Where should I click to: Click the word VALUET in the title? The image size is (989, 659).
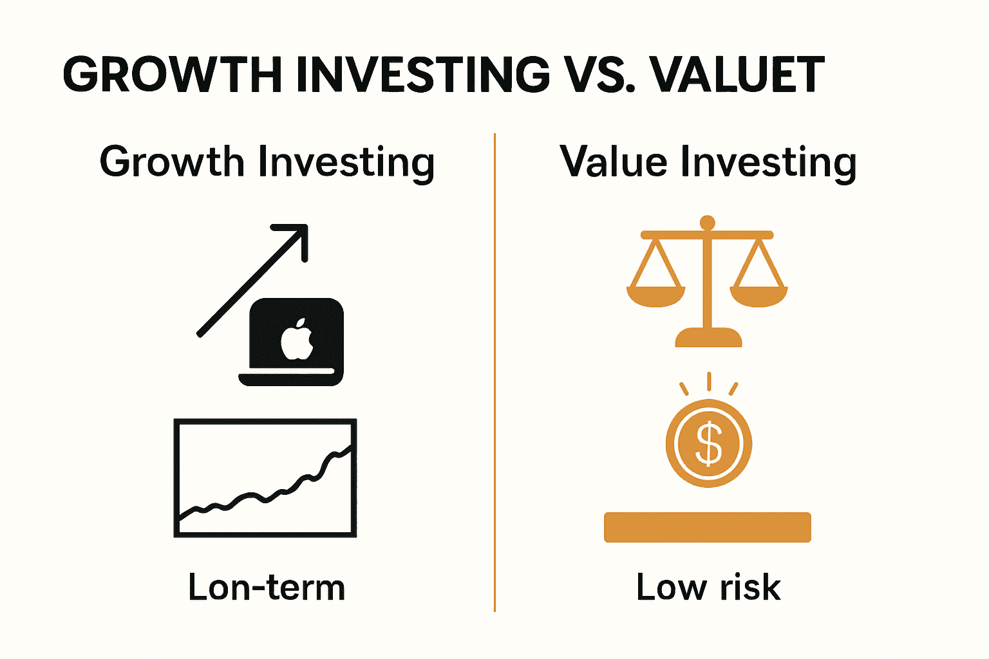pyautogui.click(x=735, y=75)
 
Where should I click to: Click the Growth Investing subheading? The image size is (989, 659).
pyautogui.click(x=267, y=162)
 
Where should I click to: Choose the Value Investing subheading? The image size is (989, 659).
pyautogui.click(x=708, y=162)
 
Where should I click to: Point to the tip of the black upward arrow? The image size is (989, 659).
pyautogui.click(x=306, y=226)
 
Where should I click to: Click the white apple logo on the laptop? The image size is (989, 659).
pyautogui.click(x=297, y=339)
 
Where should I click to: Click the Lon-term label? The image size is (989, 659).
pyautogui.click(x=266, y=588)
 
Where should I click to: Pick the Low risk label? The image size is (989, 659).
pyautogui.click(x=708, y=588)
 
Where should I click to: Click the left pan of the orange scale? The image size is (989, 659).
pyautogui.click(x=655, y=297)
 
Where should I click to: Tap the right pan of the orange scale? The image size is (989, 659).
pyautogui.click(x=758, y=297)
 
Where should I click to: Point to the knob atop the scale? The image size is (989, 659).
pyautogui.click(x=708, y=223)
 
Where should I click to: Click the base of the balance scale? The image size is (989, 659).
pyautogui.click(x=708, y=338)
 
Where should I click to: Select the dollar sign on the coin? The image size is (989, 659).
pyautogui.click(x=709, y=443)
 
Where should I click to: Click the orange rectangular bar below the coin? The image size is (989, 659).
pyautogui.click(x=708, y=527)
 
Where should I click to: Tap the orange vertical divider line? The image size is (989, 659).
pyautogui.click(x=494, y=372)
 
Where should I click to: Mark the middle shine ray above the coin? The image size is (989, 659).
pyautogui.click(x=709, y=382)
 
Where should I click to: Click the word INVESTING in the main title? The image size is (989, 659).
pyautogui.click(x=422, y=75)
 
